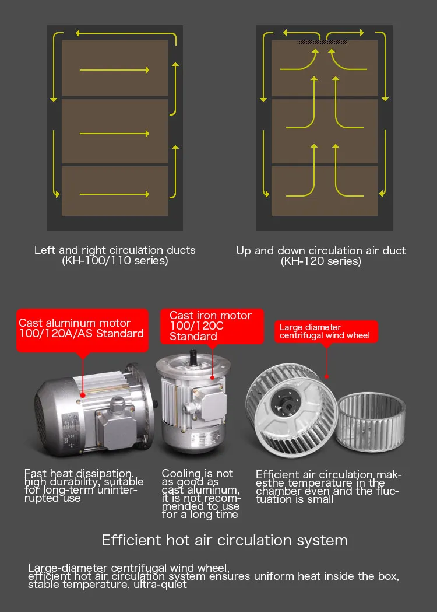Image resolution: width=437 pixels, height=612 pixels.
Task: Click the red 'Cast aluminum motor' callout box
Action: (x=82, y=330)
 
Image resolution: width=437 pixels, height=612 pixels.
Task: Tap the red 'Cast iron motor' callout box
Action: (x=212, y=326)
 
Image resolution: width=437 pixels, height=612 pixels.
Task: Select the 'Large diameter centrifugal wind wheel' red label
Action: (x=326, y=332)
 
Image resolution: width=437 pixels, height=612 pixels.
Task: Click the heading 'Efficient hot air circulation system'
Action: (x=224, y=541)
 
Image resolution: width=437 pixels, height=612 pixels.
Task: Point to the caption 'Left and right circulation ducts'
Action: (x=115, y=250)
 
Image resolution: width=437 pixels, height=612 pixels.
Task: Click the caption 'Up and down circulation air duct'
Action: (x=321, y=251)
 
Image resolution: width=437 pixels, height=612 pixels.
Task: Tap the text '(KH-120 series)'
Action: (x=321, y=261)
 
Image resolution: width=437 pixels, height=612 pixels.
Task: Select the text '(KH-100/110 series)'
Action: (x=115, y=261)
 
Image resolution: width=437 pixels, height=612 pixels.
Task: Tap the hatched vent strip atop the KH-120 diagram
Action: (x=322, y=42)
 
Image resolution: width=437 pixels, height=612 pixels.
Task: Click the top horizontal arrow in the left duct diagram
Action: (x=115, y=70)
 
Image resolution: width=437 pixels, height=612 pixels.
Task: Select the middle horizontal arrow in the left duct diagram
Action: (x=115, y=134)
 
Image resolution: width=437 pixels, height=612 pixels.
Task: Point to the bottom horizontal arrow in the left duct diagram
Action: (x=115, y=194)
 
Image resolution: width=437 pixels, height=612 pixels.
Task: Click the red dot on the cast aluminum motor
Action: (x=83, y=396)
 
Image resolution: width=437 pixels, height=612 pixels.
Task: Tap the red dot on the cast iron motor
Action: (x=213, y=377)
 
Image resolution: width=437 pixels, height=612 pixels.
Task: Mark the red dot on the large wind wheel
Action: (x=327, y=377)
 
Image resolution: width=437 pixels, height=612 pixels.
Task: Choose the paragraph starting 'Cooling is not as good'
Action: (x=201, y=494)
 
